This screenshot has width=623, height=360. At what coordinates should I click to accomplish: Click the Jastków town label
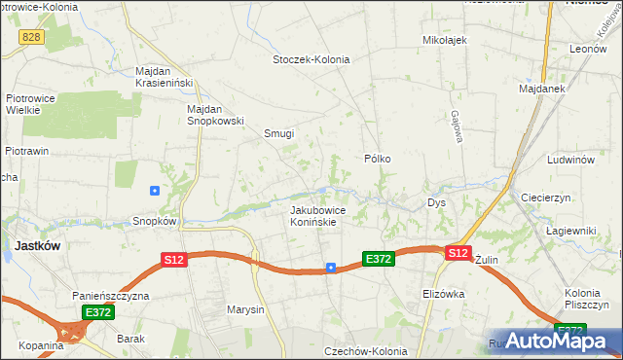[x=37, y=246]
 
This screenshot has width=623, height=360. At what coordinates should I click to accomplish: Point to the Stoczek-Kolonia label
[x=311, y=59]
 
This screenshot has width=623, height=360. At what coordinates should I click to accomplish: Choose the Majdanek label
[x=543, y=89]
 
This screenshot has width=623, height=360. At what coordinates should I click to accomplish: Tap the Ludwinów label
[x=570, y=159]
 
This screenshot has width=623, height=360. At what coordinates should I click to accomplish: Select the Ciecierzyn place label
[x=551, y=195]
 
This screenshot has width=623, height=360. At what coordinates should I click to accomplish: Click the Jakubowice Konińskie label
[x=313, y=216]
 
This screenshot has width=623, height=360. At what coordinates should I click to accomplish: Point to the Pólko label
[x=378, y=158]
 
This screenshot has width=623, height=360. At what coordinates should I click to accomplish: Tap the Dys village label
[x=436, y=203]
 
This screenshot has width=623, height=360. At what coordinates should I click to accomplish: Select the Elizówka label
[x=444, y=293]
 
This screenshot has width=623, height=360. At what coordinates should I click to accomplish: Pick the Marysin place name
[x=245, y=310]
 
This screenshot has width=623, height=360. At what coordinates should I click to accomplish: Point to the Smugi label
[x=279, y=133]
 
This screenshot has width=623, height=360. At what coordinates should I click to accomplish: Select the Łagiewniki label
[x=570, y=230]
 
